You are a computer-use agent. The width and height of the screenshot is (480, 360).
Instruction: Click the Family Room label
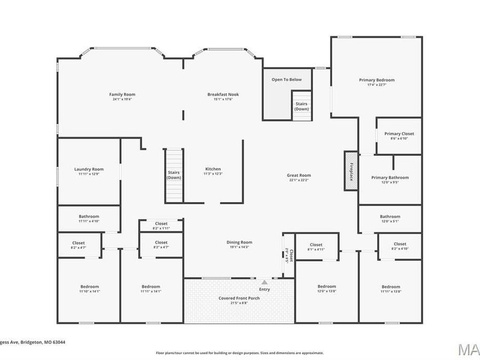(x=122, y=94)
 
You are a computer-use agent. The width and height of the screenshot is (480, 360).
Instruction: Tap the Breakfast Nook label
(x=223, y=94)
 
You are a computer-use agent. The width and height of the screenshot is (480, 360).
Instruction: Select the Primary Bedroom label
(x=377, y=80)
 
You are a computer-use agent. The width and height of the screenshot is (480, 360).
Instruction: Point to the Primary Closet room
(x=399, y=135)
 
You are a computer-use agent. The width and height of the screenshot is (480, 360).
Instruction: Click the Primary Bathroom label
(x=390, y=178)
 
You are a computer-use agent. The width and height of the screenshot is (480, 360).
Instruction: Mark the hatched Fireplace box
(x=350, y=170)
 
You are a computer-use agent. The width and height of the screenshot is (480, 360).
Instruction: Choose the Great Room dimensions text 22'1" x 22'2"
(x=299, y=180)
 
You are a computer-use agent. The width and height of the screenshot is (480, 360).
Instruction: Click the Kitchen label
(x=213, y=169)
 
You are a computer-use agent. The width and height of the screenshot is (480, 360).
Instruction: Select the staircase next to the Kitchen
(x=173, y=175)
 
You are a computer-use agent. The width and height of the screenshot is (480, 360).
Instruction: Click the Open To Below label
(x=286, y=79)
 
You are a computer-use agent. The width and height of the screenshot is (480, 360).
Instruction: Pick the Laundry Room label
(x=89, y=169)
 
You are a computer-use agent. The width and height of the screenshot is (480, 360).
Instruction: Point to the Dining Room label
(x=239, y=242)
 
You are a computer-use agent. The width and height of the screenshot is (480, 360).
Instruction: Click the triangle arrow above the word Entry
(x=265, y=282)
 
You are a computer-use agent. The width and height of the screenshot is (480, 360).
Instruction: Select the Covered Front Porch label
(x=239, y=298)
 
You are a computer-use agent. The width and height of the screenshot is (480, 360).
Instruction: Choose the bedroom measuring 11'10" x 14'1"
(x=89, y=289)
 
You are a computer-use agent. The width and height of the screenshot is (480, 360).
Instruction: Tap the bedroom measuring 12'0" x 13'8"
(x=326, y=289)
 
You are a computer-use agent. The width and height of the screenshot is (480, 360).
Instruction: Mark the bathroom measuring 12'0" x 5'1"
(x=389, y=219)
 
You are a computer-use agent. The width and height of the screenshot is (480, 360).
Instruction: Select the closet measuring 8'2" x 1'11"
(x=161, y=226)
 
